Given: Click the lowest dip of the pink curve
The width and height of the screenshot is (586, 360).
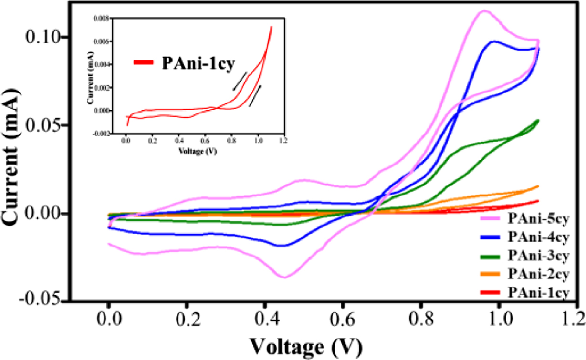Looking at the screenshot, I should (x=284, y=277).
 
